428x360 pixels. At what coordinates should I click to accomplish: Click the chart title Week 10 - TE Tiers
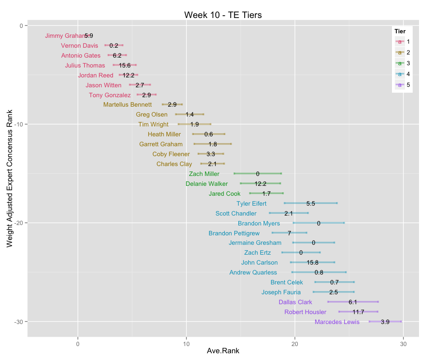pos(223,15)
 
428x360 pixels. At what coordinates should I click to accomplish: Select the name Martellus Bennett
pos(127,105)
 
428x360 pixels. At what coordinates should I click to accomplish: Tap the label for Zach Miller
pos(204,174)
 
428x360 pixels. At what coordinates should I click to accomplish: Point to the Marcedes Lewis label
pos(337,322)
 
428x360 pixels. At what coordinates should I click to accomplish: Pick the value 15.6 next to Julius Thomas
pos(125,65)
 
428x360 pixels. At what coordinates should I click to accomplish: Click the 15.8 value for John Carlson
pos(313,262)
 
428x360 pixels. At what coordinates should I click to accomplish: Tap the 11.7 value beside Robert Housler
pos(358,312)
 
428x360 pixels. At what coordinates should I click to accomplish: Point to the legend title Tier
pos(399,31)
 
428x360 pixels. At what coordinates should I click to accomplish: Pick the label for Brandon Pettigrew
pos(234,233)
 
